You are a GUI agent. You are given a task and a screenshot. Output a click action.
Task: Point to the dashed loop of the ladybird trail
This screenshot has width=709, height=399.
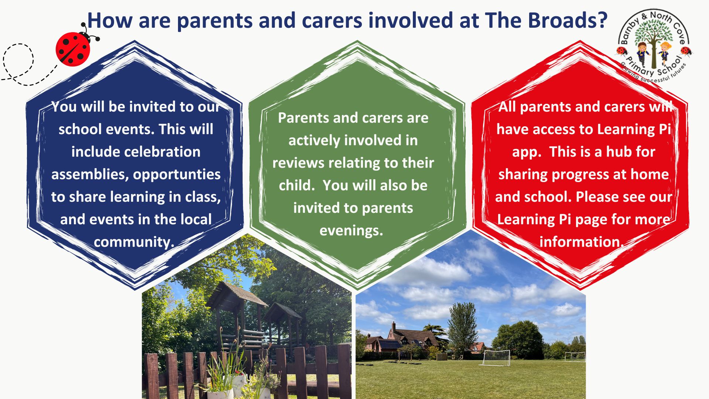tap(18, 61)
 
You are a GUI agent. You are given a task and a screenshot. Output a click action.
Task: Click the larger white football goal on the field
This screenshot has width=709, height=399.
tap(494, 357)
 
